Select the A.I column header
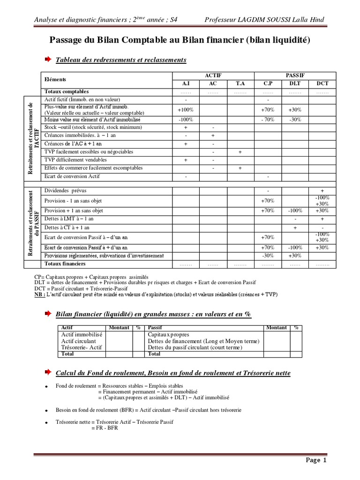(186, 83)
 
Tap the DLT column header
(295, 83)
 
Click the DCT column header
(322, 83)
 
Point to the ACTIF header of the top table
(213, 75)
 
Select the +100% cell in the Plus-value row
(186, 110)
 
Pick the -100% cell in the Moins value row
(186, 120)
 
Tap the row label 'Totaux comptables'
(67, 92)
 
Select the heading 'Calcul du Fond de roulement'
(173, 373)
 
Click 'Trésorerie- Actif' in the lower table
(82, 347)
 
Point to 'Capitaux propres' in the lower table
(168, 335)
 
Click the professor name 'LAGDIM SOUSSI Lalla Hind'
(264, 20)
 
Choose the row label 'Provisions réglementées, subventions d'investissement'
(104, 256)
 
